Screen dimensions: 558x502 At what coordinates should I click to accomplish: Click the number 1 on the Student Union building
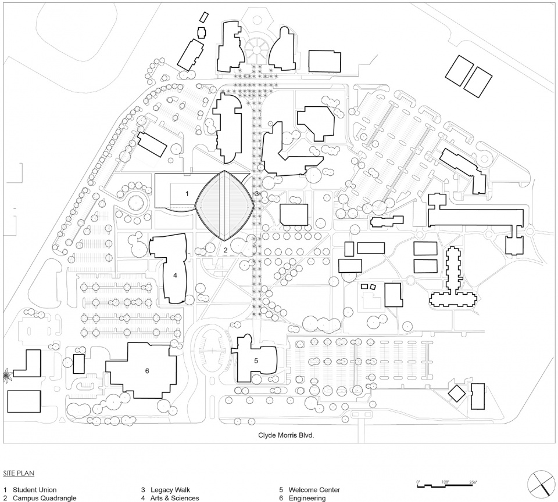(x=187, y=194)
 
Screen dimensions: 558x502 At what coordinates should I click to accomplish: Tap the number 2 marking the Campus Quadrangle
(x=226, y=250)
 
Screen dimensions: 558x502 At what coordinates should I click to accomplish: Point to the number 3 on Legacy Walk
(x=256, y=194)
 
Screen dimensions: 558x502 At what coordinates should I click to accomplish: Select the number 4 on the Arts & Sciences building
(x=175, y=275)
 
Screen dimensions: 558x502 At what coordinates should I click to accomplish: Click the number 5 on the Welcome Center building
(x=256, y=360)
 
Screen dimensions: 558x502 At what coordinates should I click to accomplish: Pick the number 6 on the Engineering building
(x=147, y=371)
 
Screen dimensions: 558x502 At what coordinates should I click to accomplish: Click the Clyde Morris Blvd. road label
(x=286, y=435)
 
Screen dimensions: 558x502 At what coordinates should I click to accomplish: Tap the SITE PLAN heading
(x=19, y=473)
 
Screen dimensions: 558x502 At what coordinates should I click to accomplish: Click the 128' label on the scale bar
(x=446, y=482)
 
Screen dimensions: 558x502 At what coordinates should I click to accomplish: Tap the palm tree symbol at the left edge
(x=7, y=374)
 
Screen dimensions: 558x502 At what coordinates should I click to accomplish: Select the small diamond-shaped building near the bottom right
(x=456, y=393)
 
